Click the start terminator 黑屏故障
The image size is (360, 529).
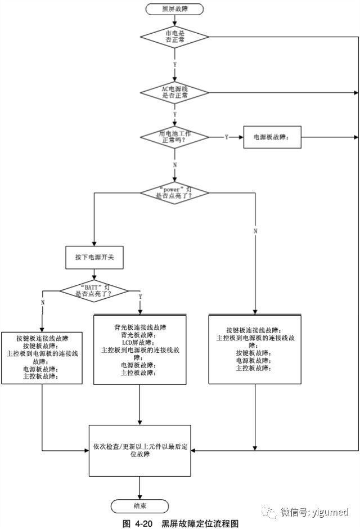[x=174, y=9]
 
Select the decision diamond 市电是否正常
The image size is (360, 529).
[x=174, y=37]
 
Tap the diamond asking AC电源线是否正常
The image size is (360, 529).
[x=174, y=92]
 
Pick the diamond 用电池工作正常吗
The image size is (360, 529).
[x=174, y=137]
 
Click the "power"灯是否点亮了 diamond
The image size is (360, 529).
[x=174, y=193]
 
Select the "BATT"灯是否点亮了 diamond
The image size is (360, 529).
[x=94, y=290]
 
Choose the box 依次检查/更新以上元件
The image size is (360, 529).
[x=140, y=450]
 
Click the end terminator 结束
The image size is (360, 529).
[x=140, y=505]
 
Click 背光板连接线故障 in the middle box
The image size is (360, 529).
[x=139, y=327]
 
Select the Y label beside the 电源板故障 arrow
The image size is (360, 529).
[x=226, y=137]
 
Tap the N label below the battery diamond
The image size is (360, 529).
[x=174, y=165]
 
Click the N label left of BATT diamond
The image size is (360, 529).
[x=43, y=302]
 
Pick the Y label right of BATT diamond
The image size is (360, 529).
[x=139, y=296]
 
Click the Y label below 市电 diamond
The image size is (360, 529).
[x=174, y=65]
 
